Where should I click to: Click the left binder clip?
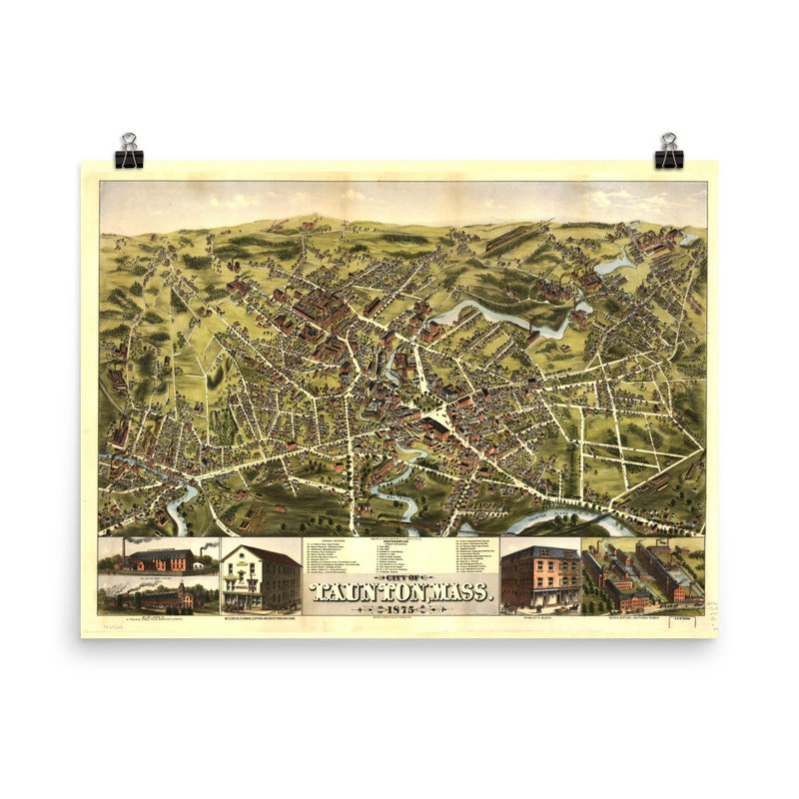[x=129, y=152]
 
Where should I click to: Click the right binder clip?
[x=668, y=152]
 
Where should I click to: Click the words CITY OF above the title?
[x=400, y=578]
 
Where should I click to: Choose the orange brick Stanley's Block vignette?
[x=539, y=579]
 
